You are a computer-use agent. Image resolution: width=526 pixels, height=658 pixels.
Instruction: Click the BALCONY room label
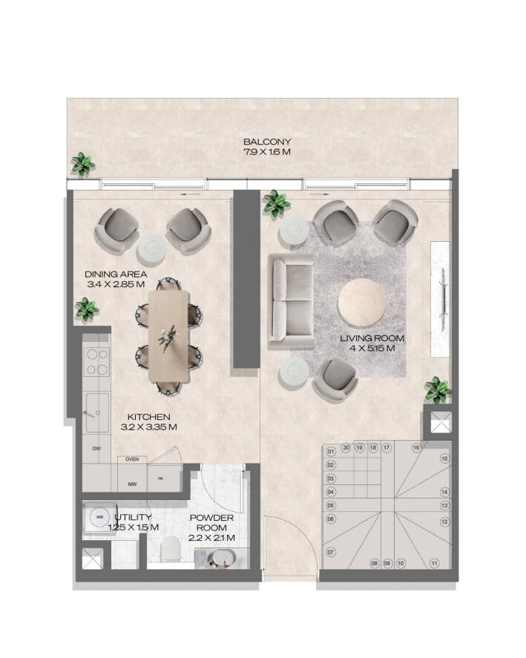point(267,141)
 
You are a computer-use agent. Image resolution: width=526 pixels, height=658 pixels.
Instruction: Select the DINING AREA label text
point(114,274)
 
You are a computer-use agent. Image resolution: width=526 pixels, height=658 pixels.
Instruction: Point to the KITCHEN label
point(149,417)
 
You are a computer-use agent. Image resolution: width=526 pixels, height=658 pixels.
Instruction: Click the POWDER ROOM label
point(211,518)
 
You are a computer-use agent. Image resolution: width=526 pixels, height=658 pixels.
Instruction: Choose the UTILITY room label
point(134,517)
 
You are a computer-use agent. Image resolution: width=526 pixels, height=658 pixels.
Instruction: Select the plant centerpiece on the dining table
point(168,336)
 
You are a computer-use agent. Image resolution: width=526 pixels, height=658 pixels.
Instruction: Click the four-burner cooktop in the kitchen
point(96,362)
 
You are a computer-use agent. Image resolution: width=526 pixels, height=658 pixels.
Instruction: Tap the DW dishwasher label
point(96,449)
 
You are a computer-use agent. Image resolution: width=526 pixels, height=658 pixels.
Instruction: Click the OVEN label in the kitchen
point(132,459)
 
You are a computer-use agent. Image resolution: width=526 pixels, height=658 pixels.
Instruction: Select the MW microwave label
point(131,484)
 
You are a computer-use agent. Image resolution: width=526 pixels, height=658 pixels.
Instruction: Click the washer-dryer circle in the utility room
point(98,517)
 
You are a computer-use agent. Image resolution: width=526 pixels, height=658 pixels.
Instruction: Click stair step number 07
point(331,552)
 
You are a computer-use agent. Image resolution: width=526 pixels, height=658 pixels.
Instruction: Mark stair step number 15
point(444,458)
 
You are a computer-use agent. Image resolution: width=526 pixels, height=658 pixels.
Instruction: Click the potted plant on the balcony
point(82,164)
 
